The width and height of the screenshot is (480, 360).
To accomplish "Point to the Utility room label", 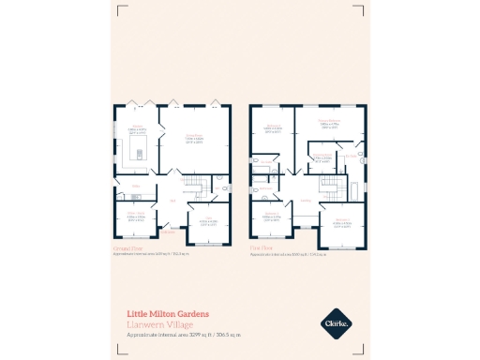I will [135, 187].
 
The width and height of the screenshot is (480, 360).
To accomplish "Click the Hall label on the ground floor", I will [172, 200].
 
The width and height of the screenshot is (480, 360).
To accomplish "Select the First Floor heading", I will [262, 249].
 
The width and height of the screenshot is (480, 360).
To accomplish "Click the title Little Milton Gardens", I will [168, 313].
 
